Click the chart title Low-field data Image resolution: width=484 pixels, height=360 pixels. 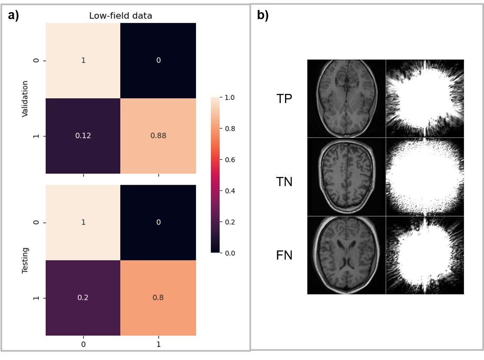coord(120,16)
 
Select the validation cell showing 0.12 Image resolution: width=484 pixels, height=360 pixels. coord(83,136)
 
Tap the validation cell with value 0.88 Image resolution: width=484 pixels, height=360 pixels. coord(158,136)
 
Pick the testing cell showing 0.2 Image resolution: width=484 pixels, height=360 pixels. coord(83,298)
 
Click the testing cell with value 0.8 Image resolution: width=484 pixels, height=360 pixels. coord(158,298)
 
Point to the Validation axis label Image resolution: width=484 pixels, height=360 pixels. coord(25,99)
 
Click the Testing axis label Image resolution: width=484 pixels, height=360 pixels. coord(25,260)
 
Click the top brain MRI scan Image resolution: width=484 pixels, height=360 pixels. coord(346,98)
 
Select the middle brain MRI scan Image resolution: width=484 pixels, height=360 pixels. coord(346,177)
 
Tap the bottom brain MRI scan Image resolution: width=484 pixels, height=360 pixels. coord(346,255)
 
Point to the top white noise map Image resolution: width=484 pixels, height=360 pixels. coord(425,98)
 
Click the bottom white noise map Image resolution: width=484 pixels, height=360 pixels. coord(425,255)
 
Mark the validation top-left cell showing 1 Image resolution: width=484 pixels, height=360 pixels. coord(83,60)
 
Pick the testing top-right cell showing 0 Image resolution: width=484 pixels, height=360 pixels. coord(158,223)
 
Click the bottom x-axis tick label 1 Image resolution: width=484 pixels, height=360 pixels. coord(158,345)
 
